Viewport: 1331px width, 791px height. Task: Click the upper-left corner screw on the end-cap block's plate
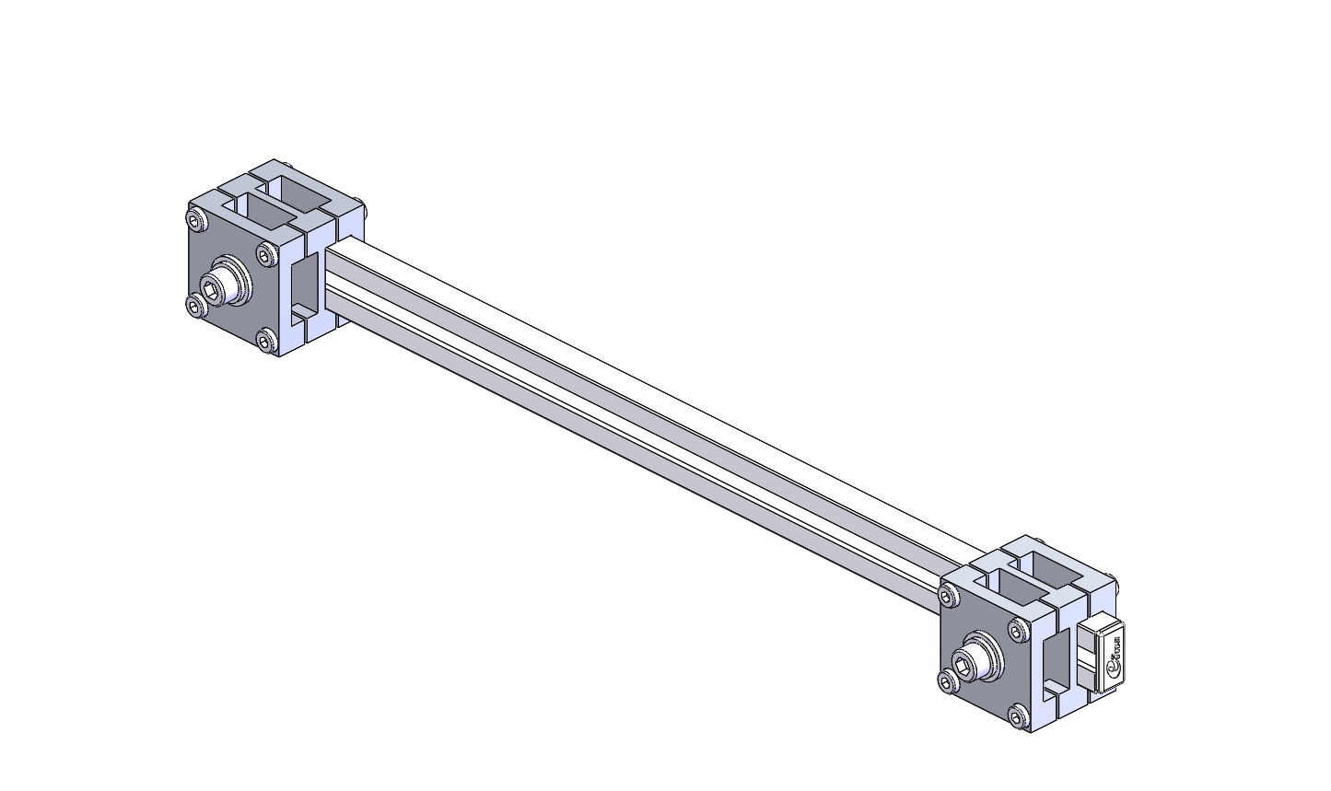pos(949,599)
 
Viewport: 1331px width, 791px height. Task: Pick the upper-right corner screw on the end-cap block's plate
pos(1017,631)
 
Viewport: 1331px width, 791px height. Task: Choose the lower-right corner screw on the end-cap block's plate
pos(1017,715)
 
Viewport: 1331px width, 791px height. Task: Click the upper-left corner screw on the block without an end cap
pos(196,220)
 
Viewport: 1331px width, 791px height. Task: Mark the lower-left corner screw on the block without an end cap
pos(196,305)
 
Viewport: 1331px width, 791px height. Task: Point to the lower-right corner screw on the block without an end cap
pos(267,342)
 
